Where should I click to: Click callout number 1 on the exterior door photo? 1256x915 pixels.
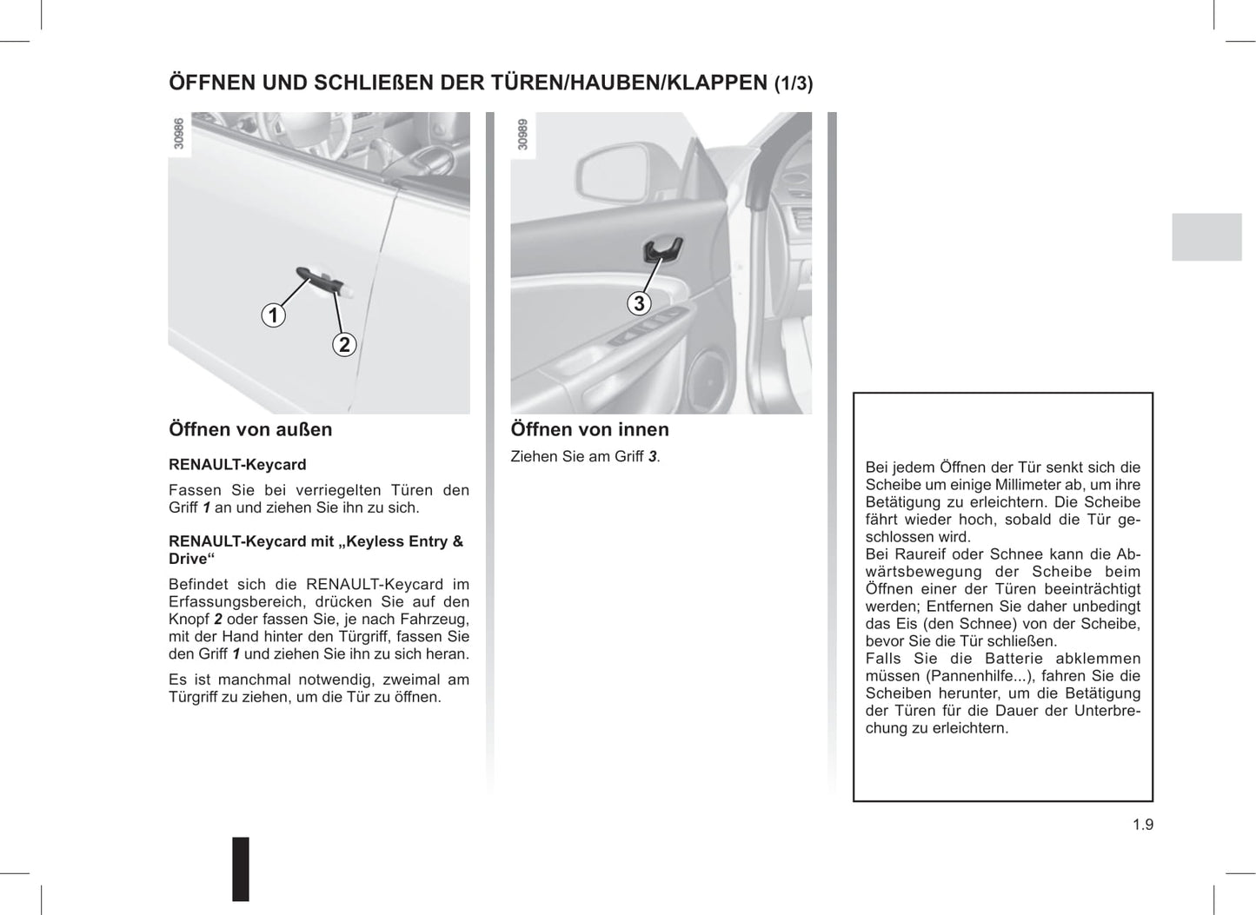274,315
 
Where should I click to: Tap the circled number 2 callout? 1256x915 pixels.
344,345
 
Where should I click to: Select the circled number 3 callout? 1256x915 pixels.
640,303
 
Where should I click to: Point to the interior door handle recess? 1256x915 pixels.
661,249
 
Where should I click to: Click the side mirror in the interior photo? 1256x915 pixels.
609,174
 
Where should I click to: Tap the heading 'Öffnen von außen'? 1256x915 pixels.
250,429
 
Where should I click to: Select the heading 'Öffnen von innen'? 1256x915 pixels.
589,429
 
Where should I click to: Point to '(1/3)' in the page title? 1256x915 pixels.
794,84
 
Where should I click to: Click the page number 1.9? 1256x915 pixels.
1142,825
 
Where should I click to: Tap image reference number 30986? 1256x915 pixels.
179,134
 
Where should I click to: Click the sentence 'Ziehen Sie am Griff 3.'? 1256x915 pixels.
585,456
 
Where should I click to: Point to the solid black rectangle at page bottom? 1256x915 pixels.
241,868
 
